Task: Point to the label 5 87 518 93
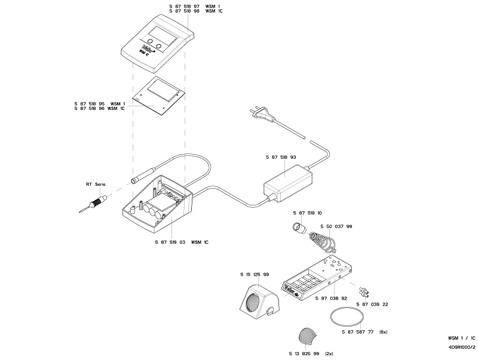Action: pos(280,157)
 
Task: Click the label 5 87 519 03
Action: pos(170,242)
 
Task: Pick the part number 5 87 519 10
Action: pos(307,213)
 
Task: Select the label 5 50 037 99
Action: pos(336,227)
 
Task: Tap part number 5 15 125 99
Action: pos(254,274)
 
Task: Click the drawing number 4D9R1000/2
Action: pos(461,346)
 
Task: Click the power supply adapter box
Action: pos(288,182)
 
